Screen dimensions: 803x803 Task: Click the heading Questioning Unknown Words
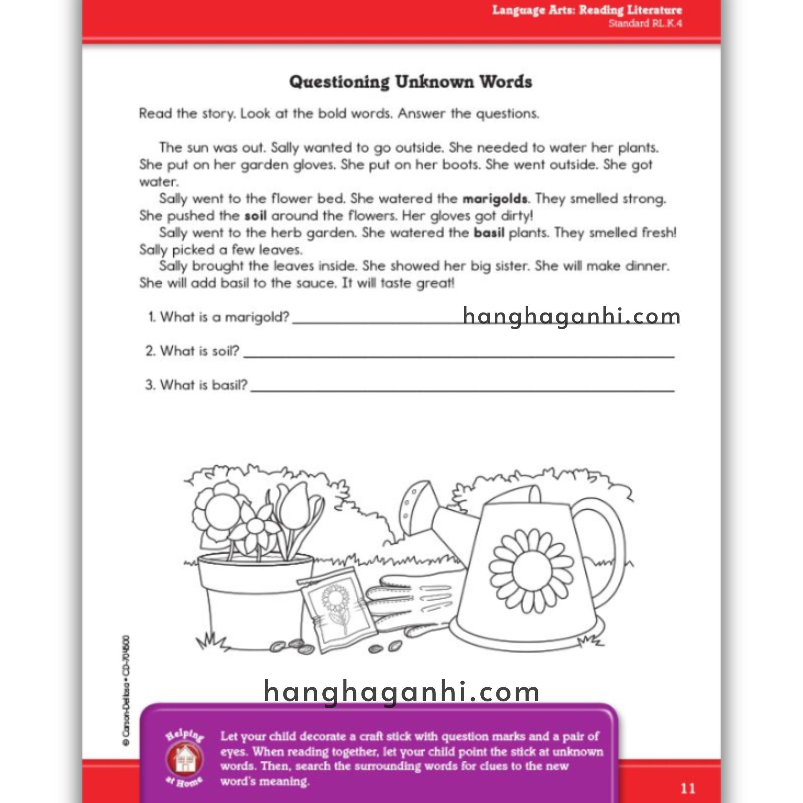click(x=410, y=82)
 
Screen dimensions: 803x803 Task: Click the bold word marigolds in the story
click(x=494, y=199)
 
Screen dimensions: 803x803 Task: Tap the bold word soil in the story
click(x=255, y=216)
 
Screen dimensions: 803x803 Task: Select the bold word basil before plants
click(x=489, y=233)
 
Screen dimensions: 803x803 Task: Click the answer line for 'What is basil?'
click(x=461, y=390)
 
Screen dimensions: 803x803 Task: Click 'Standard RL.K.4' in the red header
click(x=645, y=24)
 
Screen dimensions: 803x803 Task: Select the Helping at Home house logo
click(x=184, y=759)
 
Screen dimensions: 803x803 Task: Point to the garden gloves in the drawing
click(x=411, y=598)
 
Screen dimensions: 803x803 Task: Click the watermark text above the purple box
click(x=401, y=692)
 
